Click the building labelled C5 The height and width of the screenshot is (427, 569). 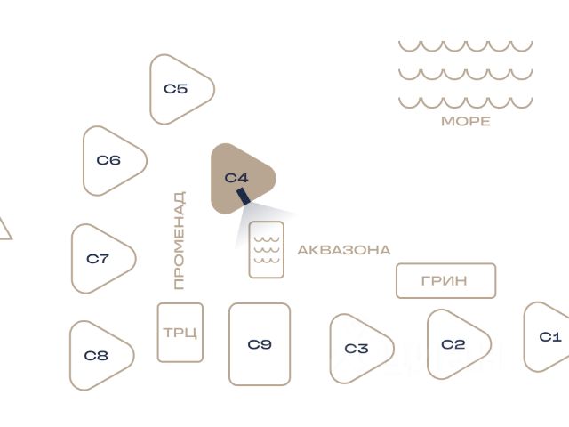pos(179,89)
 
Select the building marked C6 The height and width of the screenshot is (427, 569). pos(110,161)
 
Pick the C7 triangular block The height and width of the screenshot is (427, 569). pos(100,259)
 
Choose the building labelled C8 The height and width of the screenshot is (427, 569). pos(98,356)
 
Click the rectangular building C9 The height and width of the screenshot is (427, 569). pos(260,344)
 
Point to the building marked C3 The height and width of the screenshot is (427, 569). pos(357,349)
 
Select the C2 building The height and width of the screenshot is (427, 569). pos(454,344)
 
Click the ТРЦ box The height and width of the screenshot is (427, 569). pos(180,333)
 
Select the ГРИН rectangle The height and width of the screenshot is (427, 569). pos(445,281)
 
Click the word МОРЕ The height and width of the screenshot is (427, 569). pos(466,121)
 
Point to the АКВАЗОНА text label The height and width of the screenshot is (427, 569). pos(344,250)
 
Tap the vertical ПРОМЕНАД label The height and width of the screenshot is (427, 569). pos(179,240)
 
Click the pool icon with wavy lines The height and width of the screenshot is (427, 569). pos(267,250)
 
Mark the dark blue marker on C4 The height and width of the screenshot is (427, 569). pos(243,196)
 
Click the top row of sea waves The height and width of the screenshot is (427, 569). pos(465,45)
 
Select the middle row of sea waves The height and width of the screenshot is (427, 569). pos(465,74)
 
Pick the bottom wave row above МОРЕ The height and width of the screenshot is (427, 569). pos(465,101)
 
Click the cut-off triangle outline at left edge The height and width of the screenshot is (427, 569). pos(4,230)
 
